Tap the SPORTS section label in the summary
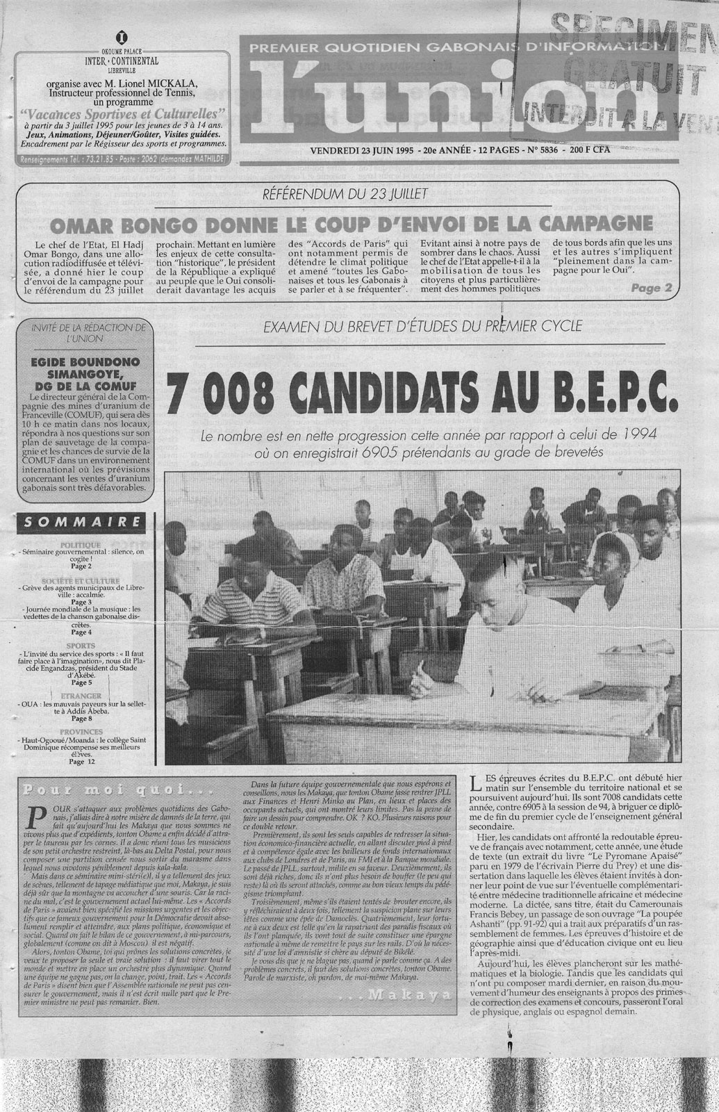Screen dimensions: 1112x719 coord(81,646)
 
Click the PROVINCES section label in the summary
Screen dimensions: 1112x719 coord(81,732)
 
